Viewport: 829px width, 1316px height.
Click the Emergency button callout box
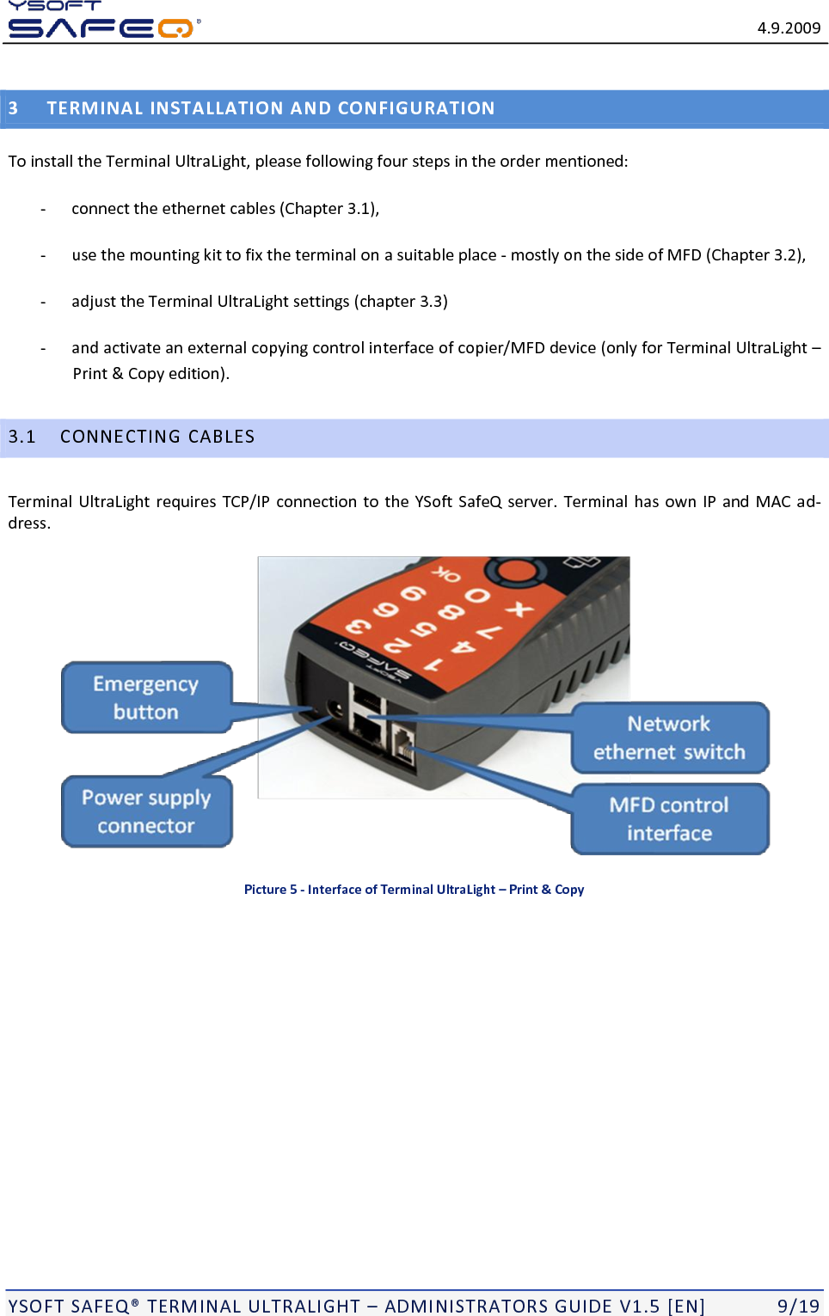pos(146,697)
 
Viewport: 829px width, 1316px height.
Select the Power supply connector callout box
pos(146,811)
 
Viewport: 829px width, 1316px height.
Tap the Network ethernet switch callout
pos(669,738)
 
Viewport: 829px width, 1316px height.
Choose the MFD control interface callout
pos(669,818)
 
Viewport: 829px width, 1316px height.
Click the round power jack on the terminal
pos(335,709)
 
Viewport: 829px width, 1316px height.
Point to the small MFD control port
pos(402,741)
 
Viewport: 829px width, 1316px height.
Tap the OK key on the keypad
pos(446,574)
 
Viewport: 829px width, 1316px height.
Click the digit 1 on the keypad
pos(433,664)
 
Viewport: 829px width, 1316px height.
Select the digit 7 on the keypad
pos(489,634)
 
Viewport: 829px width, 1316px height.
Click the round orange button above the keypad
pos(516,570)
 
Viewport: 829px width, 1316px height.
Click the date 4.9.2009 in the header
pos(789,28)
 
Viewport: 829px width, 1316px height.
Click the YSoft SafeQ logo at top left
pos(101,21)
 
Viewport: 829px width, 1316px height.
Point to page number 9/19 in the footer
pos(798,1306)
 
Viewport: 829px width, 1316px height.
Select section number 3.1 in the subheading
pos(22,437)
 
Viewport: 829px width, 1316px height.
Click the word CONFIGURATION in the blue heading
pos(416,108)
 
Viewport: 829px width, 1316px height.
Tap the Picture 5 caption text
pos(414,890)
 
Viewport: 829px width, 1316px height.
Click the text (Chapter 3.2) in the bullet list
pos(754,255)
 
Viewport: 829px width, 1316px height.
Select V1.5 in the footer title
pos(639,1306)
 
